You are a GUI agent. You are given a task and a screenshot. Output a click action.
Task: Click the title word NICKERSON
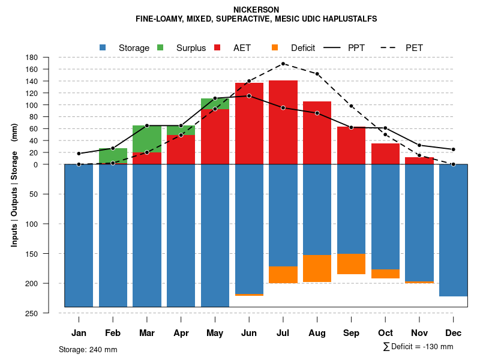point(256,10)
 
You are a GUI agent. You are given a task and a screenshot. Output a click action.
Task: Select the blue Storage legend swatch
point(103,47)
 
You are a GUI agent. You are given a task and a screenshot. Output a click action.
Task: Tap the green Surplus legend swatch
point(160,47)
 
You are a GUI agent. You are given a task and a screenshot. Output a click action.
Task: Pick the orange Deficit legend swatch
point(275,47)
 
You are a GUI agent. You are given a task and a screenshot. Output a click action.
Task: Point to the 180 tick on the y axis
point(32,58)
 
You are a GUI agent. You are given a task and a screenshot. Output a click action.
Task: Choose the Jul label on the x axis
point(283,333)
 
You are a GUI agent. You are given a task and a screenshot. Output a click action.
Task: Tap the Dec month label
point(454,333)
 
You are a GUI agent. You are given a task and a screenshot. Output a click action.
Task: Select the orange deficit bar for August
point(317,268)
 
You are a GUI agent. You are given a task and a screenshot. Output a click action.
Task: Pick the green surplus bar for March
point(147,139)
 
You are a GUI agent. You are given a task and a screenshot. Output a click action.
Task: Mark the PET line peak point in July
point(283,64)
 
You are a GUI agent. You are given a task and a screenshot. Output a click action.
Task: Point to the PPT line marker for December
point(454,149)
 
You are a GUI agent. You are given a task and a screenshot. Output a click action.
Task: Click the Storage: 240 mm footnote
point(88,349)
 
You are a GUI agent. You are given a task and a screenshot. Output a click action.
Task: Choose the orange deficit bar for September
point(352,264)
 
